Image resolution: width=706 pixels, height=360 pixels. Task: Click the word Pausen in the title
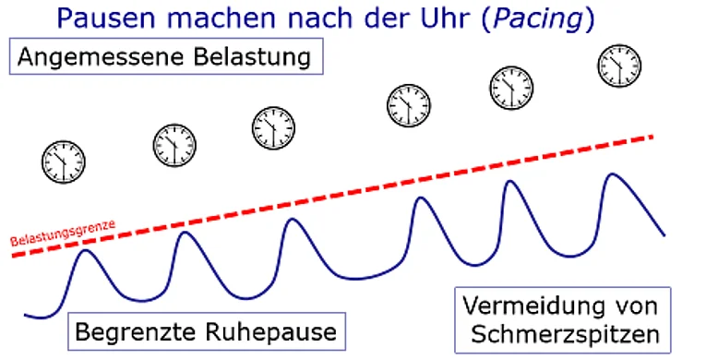coord(107,19)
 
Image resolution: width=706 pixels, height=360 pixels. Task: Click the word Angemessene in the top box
coord(101,57)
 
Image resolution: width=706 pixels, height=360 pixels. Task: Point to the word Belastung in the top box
coord(252,57)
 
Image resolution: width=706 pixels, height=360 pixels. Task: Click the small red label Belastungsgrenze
coord(63,233)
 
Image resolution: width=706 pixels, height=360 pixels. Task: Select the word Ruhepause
coord(270,333)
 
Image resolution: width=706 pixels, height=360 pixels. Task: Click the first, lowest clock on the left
coord(64,162)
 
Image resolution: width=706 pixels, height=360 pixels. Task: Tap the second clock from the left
coord(174,146)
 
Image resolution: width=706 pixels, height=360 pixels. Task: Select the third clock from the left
coord(273,128)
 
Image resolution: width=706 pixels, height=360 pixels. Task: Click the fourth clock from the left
coord(409,105)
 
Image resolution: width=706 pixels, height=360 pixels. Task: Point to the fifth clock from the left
coord(511,88)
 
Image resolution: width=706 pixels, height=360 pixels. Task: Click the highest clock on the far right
coord(619,66)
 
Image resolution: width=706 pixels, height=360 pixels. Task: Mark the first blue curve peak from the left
coord(86,250)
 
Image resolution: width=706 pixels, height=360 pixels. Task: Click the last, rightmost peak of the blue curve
coord(612,174)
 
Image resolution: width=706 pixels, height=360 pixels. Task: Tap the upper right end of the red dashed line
coord(652,136)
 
